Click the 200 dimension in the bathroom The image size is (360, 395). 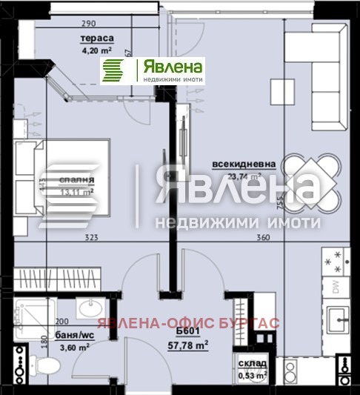point(61,322)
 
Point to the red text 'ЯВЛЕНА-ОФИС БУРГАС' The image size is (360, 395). point(190,323)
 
